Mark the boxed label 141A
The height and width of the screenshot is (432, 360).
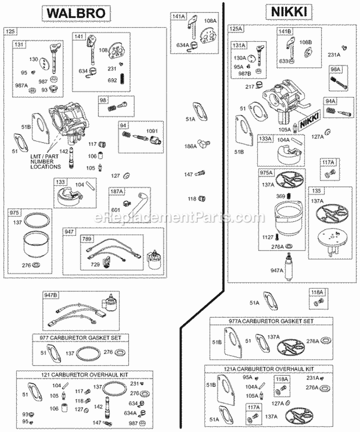[x=179, y=17]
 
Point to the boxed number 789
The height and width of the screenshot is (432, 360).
[x=87, y=239]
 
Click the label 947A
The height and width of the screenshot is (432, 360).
[x=276, y=270]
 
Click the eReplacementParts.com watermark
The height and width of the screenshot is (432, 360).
[x=180, y=217]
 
